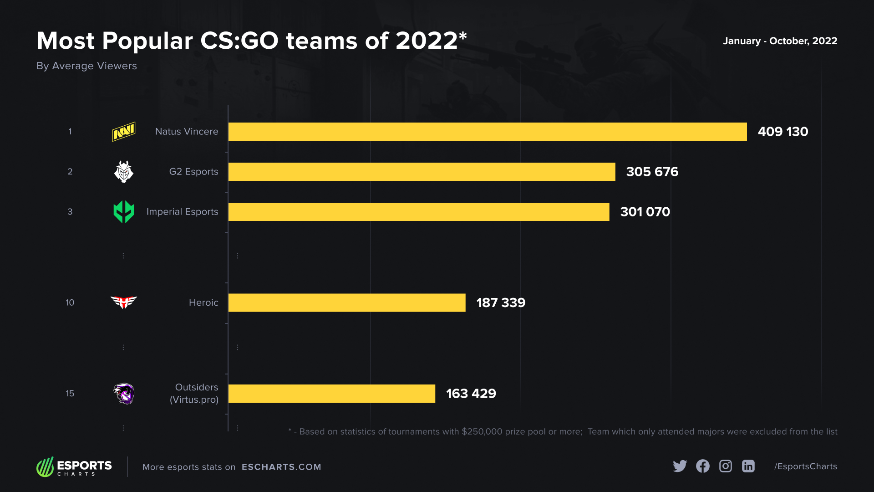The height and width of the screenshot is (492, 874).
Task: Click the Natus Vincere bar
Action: click(487, 132)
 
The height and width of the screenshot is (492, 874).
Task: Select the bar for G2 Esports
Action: click(422, 172)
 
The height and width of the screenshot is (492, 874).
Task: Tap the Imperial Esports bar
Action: click(419, 212)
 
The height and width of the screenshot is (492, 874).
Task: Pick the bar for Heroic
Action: click(347, 302)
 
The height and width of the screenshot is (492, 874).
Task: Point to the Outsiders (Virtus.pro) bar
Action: click(331, 394)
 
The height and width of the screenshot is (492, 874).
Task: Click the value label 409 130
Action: click(783, 132)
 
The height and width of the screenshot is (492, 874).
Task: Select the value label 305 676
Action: click(652, 172)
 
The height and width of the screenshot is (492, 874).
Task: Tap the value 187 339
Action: click(501, 302)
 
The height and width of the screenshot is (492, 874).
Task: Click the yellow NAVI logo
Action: click(124, 132)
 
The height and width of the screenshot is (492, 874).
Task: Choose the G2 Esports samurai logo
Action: click(124, 172)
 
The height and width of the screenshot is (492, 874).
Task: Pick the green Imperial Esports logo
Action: click(124, 212)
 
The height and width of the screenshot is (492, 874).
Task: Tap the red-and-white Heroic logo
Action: click(124, 302)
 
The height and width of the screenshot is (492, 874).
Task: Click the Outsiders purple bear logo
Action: click(124, 394)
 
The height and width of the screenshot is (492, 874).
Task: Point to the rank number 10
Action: click(70, 302)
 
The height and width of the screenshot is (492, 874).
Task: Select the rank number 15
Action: click(70, 394)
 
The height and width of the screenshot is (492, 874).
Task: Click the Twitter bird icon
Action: click(680, 466)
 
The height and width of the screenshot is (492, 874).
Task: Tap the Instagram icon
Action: click(726, 466)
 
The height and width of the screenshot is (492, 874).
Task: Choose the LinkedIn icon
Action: click(748, 466)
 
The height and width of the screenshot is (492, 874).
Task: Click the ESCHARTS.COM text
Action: click(281, 467)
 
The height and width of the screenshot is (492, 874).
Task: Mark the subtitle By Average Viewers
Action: click(86, 66)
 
